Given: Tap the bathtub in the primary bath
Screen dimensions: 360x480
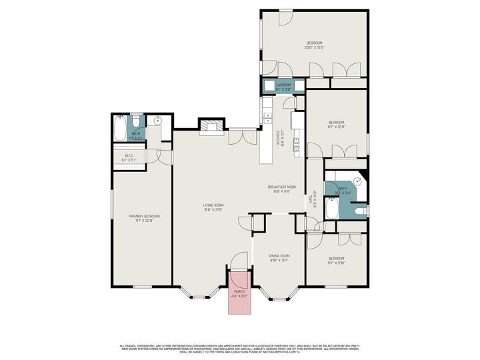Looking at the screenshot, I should coord(120,128).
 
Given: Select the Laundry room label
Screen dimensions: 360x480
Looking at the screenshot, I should coord(283,85).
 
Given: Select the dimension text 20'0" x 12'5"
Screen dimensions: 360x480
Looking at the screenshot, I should coord(313,47).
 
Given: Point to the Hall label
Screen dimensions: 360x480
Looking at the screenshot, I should coord(311,199).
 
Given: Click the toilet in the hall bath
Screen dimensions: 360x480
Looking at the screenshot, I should coord(359,212).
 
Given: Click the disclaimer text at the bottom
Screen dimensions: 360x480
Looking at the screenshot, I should coord(240,348).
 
